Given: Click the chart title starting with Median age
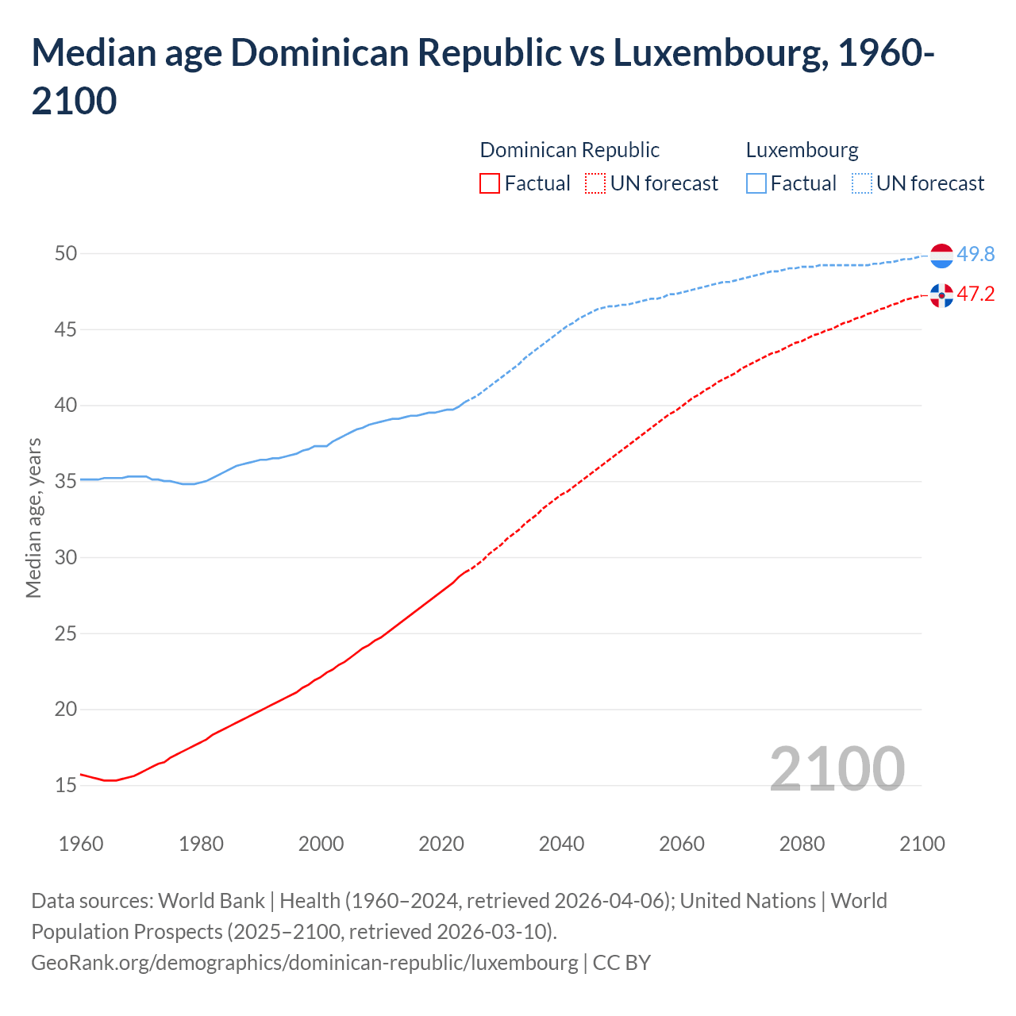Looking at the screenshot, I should pyautogui.click(x=483, y=76).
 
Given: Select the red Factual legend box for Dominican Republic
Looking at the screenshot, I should pyautogui.click(x=490, y=183).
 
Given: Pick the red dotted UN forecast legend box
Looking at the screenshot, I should pyautogui.click(x=595, y=183).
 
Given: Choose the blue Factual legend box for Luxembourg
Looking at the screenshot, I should pyautogui.click(x=756, y=183).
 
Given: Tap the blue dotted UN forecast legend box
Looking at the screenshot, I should pyautogui.click(x=862, y=183).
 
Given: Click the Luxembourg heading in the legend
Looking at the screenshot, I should pyautogui.click(x=802, y=150).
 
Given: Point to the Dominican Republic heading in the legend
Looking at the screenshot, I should pyautogui.click(x=569, y=150).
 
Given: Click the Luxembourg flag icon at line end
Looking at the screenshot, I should pyautogui.click(x=941, y=256).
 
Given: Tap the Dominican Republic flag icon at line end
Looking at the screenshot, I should pyautogui.click(x=941, y=295).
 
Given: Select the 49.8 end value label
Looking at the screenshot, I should pyautogui.click(x=976, y=254).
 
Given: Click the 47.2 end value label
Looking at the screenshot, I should pyautogui.click(x=976, y=294).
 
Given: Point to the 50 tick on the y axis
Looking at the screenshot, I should pyautogui.click(x=66, y=254).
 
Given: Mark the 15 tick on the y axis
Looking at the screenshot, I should pyautogui.click(x=66, y=785).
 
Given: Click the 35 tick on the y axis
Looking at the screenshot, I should pyautogui.click(x=66, y=481).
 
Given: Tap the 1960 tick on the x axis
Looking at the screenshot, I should pyautogui.click(x=81, y=844).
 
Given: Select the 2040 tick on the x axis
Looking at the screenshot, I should pyautogui.click(x=561, y=844).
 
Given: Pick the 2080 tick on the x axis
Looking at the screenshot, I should pyautogui.click(x=802, y=844).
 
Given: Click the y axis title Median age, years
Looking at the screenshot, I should pyautogui.click(x=33, y=518).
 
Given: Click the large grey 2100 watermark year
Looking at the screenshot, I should pyautogui.click(x=837, y=768).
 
